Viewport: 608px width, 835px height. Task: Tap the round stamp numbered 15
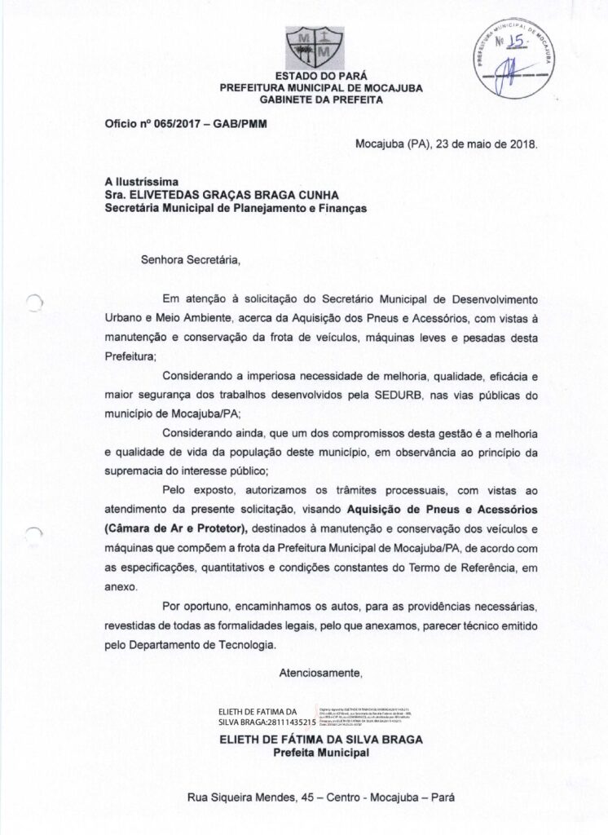tap(516, 57)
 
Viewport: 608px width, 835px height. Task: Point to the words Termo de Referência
tap(480, 566)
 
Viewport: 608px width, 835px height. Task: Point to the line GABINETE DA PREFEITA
tap(320, 99)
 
